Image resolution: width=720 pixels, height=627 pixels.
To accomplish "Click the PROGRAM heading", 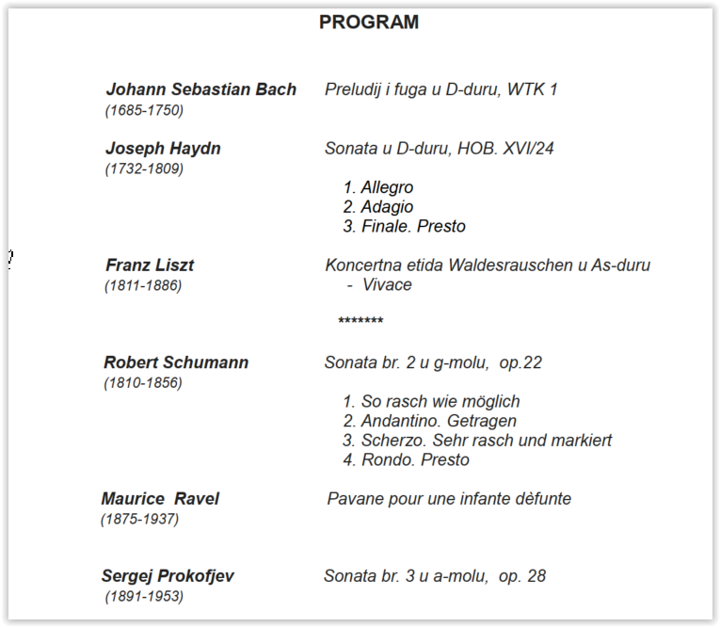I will pos(369,23).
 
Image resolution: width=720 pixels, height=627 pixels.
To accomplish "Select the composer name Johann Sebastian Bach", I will pos(200,89).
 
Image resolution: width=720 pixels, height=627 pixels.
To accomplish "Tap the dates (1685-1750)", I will pos(144,110).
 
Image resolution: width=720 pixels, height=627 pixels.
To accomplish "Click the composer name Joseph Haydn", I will pos(163,149).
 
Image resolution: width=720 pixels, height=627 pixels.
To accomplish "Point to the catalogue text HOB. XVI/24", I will pos(510,149).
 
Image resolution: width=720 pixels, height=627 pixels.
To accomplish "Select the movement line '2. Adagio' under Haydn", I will pos(377,207).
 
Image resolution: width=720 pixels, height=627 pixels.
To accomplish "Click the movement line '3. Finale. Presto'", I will pos(404,227).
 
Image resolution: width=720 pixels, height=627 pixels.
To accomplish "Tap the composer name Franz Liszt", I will pos(150,265).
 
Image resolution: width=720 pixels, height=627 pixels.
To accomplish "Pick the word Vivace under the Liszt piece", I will pos(387,285).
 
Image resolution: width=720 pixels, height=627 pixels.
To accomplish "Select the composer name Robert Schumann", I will pos(176,362).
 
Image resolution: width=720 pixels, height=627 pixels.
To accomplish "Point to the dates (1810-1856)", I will pos(143,383).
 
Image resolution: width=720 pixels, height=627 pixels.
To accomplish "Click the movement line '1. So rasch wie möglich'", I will pos(431,402).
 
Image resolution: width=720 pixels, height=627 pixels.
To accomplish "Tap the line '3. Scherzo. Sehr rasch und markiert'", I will pos(477,441).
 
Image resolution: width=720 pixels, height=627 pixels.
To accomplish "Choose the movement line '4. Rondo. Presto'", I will pos(406,460).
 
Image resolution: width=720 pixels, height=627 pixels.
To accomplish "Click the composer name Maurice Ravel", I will pos(160,499).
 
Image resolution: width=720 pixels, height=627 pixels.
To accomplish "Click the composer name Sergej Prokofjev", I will pos(168,576).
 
